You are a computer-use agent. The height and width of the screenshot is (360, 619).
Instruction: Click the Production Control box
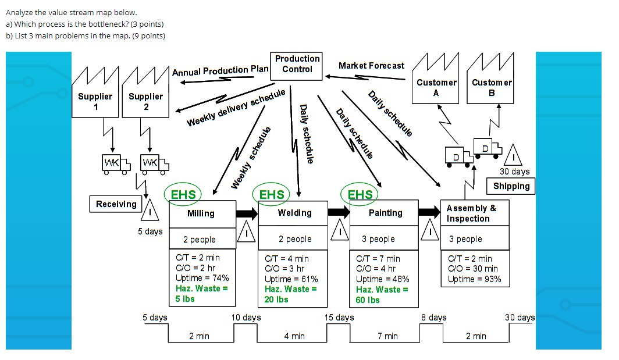click(297, 64)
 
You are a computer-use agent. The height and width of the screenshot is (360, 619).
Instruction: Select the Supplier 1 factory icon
click(95, 92)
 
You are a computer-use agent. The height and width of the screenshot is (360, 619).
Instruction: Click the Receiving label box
click(116, 204)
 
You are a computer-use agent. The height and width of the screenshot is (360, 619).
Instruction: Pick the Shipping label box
click(511, 186)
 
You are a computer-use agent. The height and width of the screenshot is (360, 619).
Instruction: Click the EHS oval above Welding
click(272, 194)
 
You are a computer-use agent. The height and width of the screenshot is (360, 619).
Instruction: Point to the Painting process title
click(385, 213)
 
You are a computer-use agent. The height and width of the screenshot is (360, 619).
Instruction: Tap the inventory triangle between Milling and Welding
click(247, 232)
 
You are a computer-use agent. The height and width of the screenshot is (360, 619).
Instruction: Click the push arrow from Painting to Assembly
click(429, 212)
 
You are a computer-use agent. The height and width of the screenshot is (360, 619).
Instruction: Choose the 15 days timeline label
click(339, 318)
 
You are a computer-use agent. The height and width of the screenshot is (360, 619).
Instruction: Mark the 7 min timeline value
click(387, 336)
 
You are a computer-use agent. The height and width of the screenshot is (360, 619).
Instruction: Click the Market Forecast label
click(371, 66)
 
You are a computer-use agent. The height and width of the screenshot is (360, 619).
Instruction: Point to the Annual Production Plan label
click(220, 71)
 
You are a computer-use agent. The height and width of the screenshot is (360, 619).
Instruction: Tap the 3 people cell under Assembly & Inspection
click(465, 239)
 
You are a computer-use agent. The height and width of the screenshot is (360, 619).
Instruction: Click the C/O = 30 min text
click(472, 269)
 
